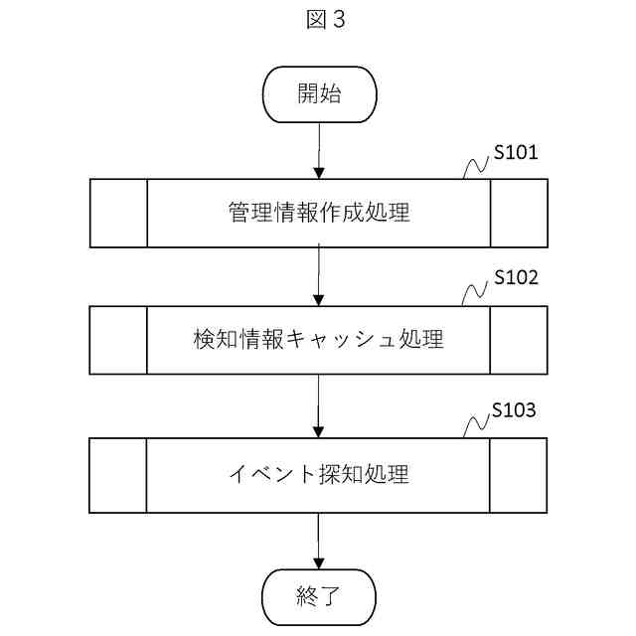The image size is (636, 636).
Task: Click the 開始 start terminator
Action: (x=319, y=94)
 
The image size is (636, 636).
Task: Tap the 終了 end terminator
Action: (x=319, y=596)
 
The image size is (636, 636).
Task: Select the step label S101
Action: (x=516, y=153)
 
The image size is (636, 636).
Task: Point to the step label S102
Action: (x=516, y=277)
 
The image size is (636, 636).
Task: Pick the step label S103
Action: (x=516, y=410)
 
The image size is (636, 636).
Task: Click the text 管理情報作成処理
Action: (x=319, y=213)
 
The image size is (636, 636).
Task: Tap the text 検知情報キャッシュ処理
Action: (x=319, y=339)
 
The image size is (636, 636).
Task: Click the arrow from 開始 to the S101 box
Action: (x=319, y=151)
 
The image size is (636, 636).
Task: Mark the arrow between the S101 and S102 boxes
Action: (x=319, y=276)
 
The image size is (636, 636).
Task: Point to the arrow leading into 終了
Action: (x=319, y=542)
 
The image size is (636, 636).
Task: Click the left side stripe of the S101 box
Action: (x=118, y=213)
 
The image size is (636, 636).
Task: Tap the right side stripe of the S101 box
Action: (x=519, y=213)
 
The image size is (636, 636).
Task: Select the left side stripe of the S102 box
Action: (x=118, y=339)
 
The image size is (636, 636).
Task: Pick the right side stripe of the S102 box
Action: (x=519, y=339)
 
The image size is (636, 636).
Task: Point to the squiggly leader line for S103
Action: (x=478, y=424)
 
